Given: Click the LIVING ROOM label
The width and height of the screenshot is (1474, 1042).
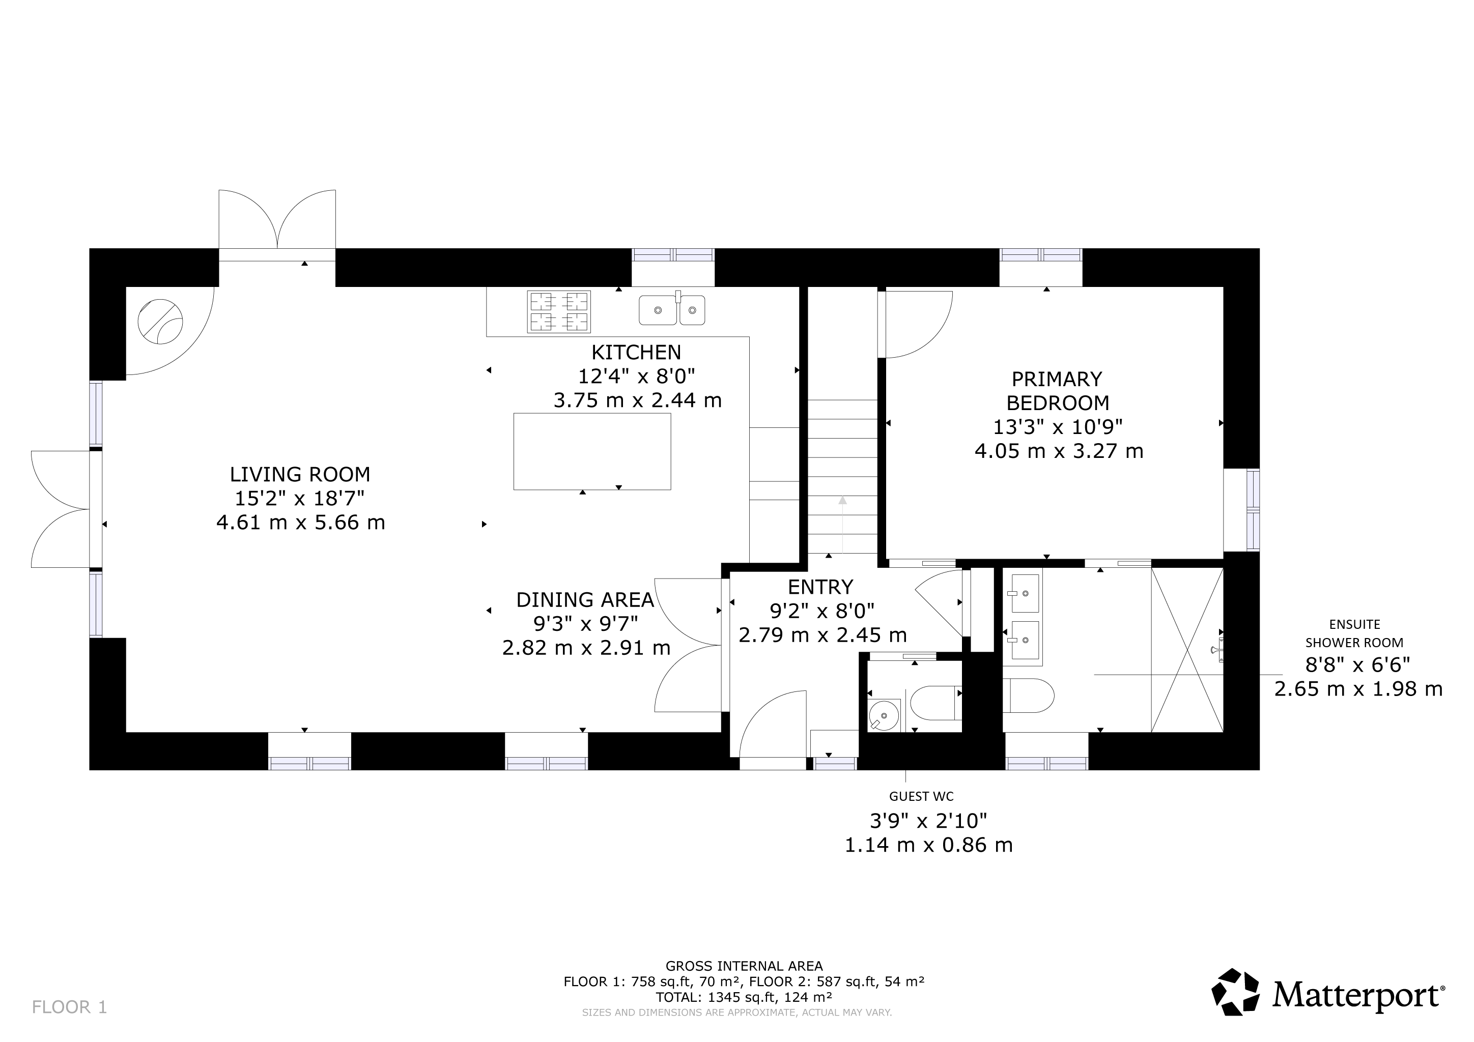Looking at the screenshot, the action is coord(300,475).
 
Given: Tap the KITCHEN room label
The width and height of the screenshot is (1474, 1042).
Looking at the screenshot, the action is coord(636,352).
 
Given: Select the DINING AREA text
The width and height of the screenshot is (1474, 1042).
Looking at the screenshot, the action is coord(585,600).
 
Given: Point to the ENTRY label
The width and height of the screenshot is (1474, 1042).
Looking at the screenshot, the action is coord(820,587).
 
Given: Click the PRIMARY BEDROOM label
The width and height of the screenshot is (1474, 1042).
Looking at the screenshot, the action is coord(1057,391).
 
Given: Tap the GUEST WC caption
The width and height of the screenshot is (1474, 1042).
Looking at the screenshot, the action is coord(921,796).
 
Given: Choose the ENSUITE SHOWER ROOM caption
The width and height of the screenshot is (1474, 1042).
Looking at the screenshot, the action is coord(1354,633).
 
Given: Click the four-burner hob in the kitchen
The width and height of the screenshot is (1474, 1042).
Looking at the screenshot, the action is coord(558,312).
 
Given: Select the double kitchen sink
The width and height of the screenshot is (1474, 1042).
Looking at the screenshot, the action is coord(672,309).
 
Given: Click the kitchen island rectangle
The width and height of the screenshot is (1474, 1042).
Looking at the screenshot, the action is coord(592,452).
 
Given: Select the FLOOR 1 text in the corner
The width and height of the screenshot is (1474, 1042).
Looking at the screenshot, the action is coord(69,1007).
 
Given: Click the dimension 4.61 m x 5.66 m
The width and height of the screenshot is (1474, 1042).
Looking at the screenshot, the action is coord(300,523).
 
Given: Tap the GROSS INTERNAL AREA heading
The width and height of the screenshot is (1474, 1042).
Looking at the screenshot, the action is coord(744,966).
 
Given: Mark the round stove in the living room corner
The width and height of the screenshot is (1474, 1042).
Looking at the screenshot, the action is coord(160,322).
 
